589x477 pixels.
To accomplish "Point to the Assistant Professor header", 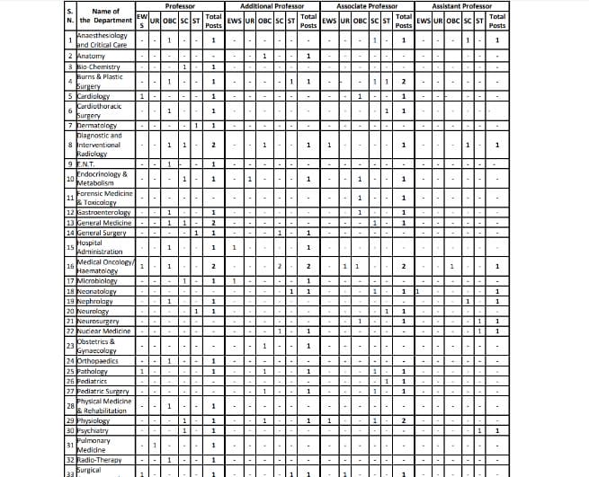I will [x=462, y=6].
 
